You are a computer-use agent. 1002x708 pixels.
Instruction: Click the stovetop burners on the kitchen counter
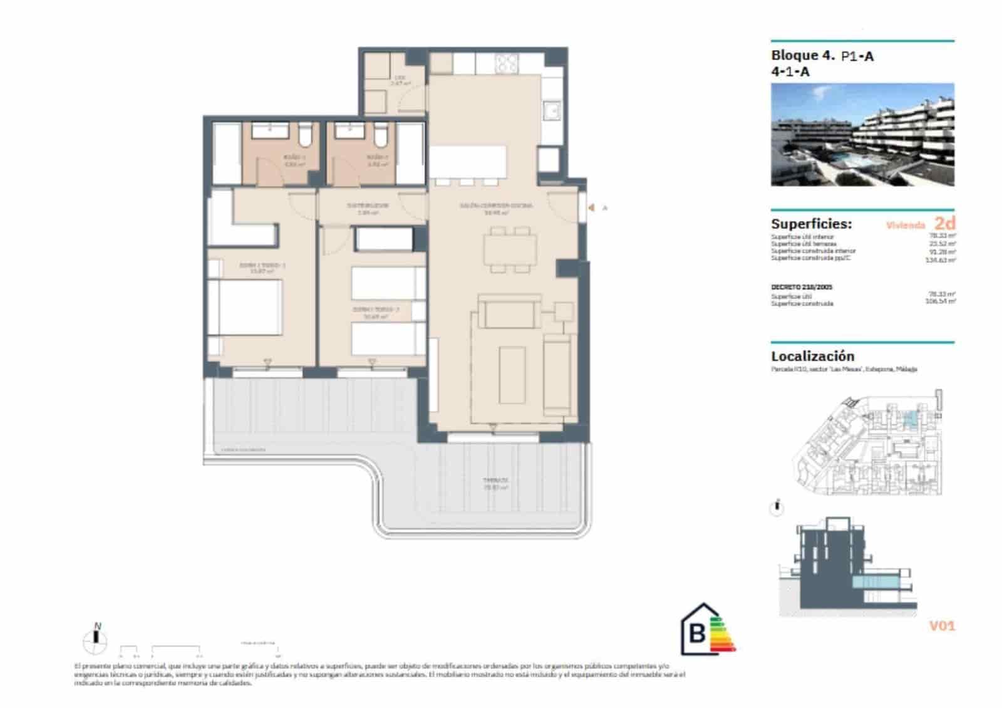507,63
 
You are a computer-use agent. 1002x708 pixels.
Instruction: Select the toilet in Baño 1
305,133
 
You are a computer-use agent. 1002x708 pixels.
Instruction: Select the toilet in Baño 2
380,133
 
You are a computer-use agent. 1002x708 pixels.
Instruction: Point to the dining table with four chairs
510,249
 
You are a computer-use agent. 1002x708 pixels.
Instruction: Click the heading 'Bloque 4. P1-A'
822,56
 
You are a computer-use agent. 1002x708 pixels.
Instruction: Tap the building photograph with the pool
862,135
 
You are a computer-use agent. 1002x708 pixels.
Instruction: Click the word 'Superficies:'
811,224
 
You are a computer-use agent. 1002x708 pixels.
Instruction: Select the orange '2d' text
944,223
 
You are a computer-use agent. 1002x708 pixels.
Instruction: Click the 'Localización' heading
812,356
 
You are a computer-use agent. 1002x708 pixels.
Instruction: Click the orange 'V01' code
942,625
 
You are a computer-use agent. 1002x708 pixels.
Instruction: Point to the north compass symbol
96,638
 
